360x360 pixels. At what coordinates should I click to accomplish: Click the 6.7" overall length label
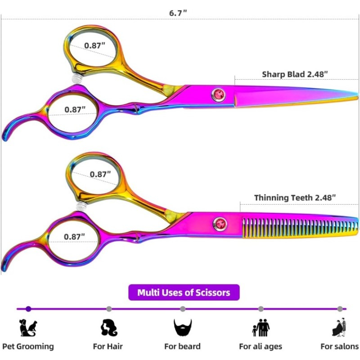(x=178, y=13)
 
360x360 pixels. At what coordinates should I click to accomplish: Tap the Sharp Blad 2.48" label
(x=295, y=74)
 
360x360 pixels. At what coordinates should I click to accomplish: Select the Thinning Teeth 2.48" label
(x=295, y=198)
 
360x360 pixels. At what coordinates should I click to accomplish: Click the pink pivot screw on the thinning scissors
(x=220, y=224)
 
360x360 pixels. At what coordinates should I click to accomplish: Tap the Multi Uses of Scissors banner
(x=184, y=292)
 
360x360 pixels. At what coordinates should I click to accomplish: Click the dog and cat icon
(x=28, y=328)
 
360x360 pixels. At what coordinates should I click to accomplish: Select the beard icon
(x=183, y=328)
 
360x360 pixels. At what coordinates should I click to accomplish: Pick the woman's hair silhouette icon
(x=109, y=328)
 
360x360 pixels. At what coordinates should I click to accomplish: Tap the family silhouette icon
(x=261, y=328)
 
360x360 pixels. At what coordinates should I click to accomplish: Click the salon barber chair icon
(x=339, y=328)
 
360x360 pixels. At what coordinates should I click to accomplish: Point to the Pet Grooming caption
(x=28, y=346)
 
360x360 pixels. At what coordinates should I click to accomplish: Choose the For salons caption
(x=340, y=346)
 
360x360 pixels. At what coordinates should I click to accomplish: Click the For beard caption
(x=183, y=346)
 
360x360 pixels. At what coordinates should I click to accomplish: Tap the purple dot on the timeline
(x=28, y=309)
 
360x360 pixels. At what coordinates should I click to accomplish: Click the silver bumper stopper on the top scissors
(x=76, y=78)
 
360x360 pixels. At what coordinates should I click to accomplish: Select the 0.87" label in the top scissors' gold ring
(x=94, y=45)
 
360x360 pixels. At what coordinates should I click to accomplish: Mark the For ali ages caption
(x=261, y=346)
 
